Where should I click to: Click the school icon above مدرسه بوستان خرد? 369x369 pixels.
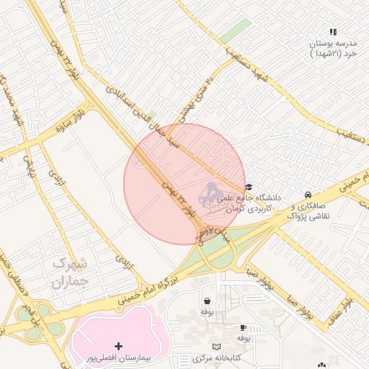[x=333, y=32]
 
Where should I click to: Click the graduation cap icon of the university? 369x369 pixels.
[x=249, y=187]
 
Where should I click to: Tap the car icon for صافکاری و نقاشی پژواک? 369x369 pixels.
[x=308, y=195]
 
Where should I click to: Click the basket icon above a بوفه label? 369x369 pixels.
[x=208, y=301]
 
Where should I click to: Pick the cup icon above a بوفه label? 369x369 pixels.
[x=243, y=326]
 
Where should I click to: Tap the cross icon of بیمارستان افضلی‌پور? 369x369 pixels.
[x=118, y=347]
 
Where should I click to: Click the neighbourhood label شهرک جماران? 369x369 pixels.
[x=70, y=272]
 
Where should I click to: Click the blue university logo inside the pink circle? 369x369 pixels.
[x=210, y=192]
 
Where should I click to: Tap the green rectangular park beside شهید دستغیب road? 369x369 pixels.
[x=236, y=31]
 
